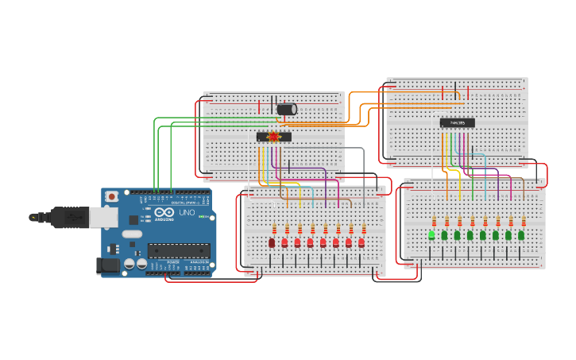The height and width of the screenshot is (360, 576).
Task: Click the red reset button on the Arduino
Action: pyautogui.click(x=112, y=196)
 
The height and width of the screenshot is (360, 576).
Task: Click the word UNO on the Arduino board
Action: pyautogui.click(x=186, y=213)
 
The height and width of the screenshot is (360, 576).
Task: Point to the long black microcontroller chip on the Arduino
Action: pyautogui.click(x=179, y=251)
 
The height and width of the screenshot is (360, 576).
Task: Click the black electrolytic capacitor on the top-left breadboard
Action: pyautogui.click(x=286, y=109)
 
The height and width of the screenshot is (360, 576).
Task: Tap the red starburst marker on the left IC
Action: pyautogui.click(x=274, y=137)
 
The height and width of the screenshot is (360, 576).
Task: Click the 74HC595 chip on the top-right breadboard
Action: pyautogui.click(x=457, y=122)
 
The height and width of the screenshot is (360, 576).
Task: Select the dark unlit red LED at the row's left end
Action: pyautogui.click(x=272, y=242)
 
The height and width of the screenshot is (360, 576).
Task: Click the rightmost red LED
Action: pyautogui.click(x=361, y=242)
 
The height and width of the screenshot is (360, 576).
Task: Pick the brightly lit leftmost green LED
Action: pyautogui.click(x=431, y=234)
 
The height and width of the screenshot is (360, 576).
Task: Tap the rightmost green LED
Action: pyautogui.click(x=521, y=235)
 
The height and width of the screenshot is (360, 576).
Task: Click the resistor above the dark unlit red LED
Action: pyautogui.click(x=274, y=229)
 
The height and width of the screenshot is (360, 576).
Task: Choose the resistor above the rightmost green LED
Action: pyautogui.click(x=524, y=221)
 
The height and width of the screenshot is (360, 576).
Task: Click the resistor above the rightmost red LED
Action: pyautogui.click(x=363, y=229)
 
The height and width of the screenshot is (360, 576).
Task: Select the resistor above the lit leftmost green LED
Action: pyautogui.click(x=434, y=221)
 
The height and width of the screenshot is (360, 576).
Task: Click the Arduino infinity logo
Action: pyautogui.click(x=164, y=213)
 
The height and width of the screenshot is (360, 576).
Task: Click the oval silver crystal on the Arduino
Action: pyautogui.click(x=131, y=234)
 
